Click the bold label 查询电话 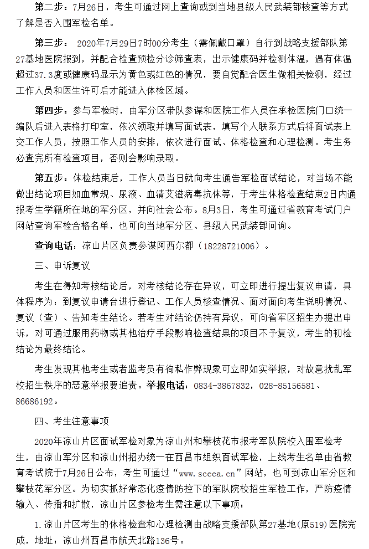point(55,245)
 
